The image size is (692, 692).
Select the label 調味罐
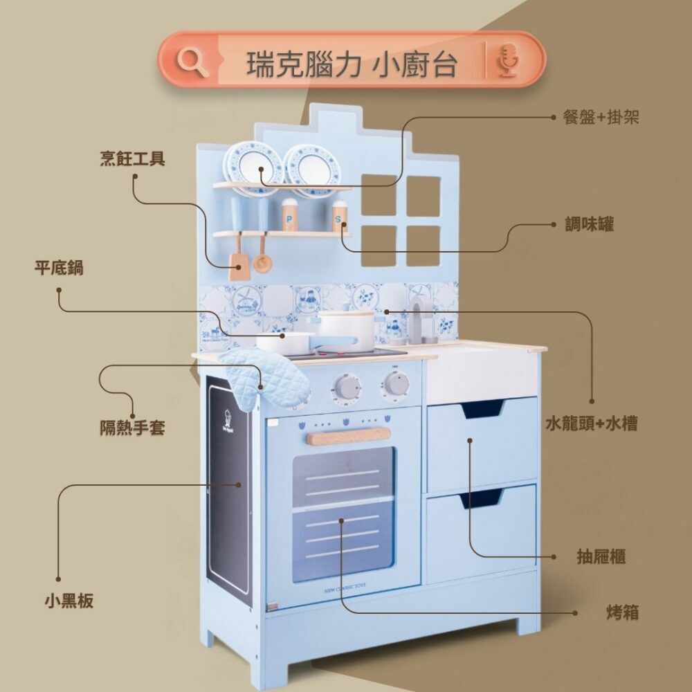click(x=589, y=224)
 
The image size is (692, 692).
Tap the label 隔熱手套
click(x=131, y=428)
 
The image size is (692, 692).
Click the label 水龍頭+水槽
click(x=591, y=424)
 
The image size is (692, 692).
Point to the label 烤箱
click(x=621, y=612)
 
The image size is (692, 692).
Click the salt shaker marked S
click(x=339, y=217)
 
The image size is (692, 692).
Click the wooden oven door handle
click(x=348, y=436)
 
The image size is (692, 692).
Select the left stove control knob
click(x=347, y=385)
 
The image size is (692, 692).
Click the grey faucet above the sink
click(x=417, y=318)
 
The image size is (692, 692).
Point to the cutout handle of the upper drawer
click(x=482, y=408)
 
